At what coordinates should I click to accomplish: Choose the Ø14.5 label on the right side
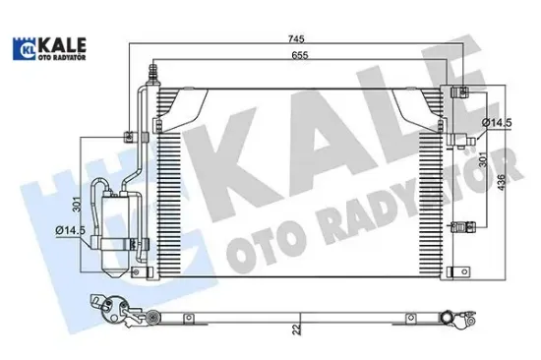point(494,122)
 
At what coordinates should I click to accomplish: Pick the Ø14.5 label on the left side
point(70,231)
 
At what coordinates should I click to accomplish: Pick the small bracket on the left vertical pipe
point(128,137)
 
